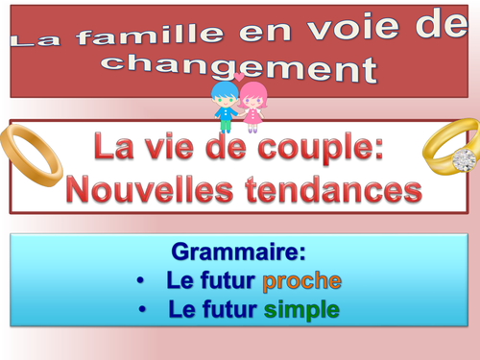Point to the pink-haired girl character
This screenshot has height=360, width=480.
[253, 107]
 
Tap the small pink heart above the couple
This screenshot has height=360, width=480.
[239, 77]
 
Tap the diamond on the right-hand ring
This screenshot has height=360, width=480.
[466, 159]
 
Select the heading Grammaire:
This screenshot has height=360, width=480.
[238, 253]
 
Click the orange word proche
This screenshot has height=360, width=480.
[301, 282]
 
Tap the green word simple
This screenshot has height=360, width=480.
[304, 310]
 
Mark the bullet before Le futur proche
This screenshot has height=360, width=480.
[141, 282]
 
